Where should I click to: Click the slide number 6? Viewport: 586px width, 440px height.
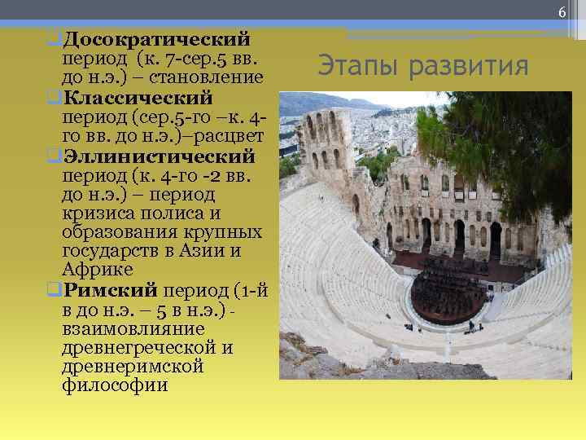[x=562, y=11]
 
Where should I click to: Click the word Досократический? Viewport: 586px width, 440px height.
[x=156, y=39]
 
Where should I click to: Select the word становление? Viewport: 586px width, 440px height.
[x=213, y=78]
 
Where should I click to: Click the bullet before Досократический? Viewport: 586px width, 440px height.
[x=53, y=39]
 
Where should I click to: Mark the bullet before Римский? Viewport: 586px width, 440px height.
[x=53, y=289]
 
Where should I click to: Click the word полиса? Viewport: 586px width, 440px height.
[x=171, y=213]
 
